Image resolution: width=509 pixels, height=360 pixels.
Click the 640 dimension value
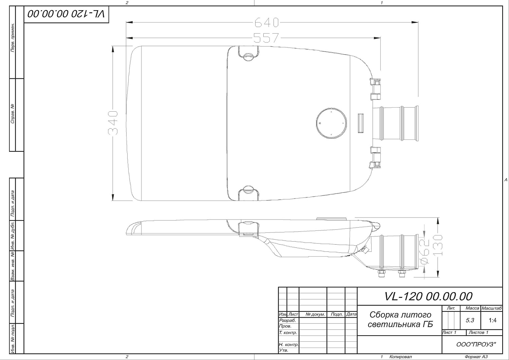[266, 22]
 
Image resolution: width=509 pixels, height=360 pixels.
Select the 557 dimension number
[266, 38]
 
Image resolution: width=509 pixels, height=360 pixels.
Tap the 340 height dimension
[113, 123]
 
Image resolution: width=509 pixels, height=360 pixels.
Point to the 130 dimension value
[438, 245]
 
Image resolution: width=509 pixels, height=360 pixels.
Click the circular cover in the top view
[332, 123]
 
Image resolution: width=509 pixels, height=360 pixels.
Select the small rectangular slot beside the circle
[361, 123]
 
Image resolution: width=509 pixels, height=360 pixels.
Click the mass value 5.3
[470, 320]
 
